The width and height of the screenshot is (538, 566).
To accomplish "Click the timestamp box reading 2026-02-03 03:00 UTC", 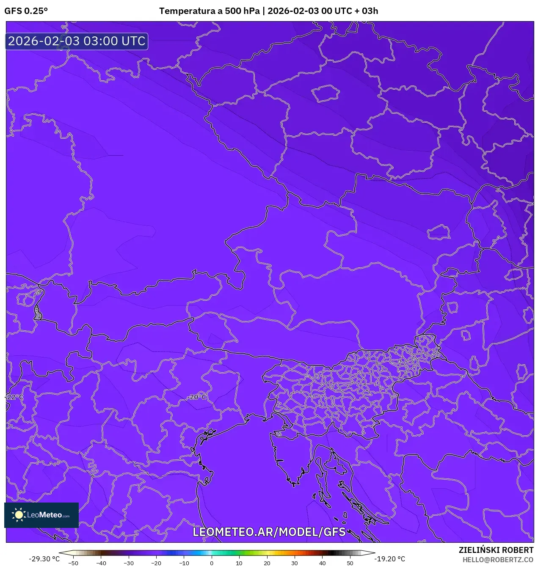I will pyautogui.click(x=77, y=41).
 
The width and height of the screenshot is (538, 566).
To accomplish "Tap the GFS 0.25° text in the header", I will pyautogui.click(x=26, y=11).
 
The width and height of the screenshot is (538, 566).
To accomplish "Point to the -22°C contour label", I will pyautogui.click(x=14, y=397).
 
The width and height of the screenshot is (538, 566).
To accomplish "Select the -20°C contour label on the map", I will pyautogui.click(x=198, y=397).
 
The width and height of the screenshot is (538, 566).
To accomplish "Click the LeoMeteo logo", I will pyautogui.click(x=41, y=515).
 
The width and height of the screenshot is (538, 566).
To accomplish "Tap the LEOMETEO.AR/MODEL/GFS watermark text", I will pyautogui.click(x=269, y=532).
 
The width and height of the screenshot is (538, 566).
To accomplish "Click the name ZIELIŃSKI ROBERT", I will pyautogui.click(x=496, y=550).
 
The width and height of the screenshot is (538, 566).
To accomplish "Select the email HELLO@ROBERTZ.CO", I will pyautogui.click(x=498, y=560).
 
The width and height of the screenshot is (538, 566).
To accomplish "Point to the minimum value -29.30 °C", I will pyautogui.click(x=44, y=559).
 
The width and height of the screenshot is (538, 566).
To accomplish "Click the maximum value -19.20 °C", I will pyautogui.click(x=390, y=559).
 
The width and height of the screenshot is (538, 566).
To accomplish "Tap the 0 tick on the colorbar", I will pyautogui.click(x=212, y=563).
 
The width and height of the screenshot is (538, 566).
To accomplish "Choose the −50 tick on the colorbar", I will pyautogui.click(x=73, y=563).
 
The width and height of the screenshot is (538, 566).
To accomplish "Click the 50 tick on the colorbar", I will pyautogui.click(x=350, y=563).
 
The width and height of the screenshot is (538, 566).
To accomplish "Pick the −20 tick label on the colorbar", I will pyautogui.click(x=156, y=563).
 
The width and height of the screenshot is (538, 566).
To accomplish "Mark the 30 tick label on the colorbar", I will pyautogui.click(x=295, y=563).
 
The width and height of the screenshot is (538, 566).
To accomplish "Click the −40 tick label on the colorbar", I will pyautogui.click(x=101, y=563).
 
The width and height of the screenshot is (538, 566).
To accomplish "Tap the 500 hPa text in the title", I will pyautogui.click(x=242, y=11).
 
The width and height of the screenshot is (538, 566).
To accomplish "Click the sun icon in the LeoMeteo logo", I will pyautogui.click(x=19, y=515).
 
